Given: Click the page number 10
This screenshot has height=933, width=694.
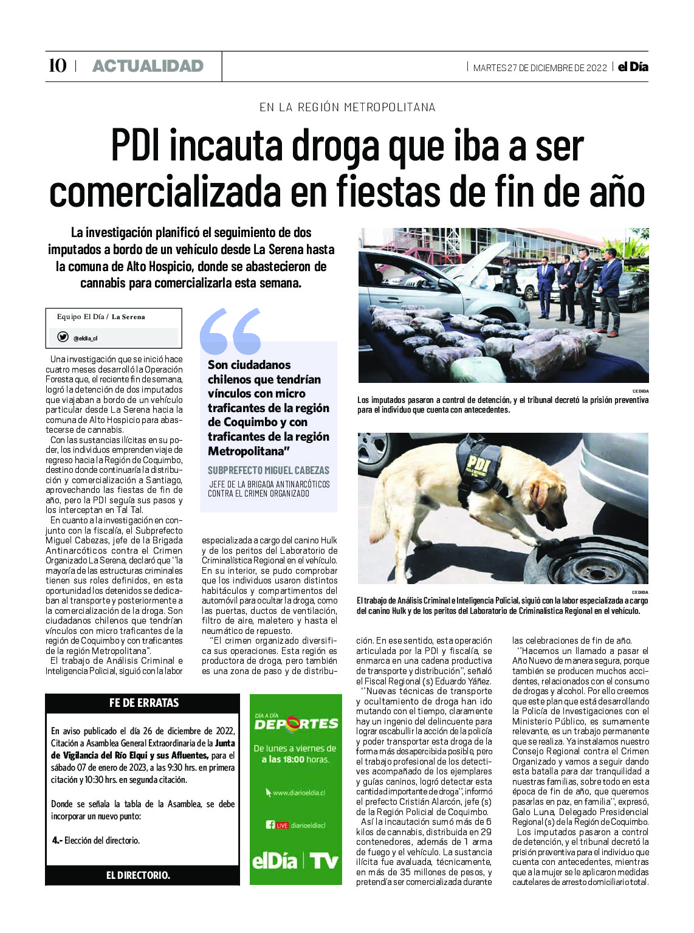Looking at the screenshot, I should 57,66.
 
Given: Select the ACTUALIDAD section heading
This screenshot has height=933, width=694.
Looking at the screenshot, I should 148,66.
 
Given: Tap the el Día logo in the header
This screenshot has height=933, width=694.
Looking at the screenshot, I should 633,67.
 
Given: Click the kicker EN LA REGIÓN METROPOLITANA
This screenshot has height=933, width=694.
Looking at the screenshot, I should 347,107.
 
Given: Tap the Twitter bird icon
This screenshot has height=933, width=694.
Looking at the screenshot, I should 63,337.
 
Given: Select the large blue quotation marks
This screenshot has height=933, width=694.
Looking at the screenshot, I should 230,331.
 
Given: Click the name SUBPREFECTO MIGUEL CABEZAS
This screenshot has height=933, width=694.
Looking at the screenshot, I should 268,470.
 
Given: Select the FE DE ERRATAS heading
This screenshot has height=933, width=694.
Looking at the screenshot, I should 144,703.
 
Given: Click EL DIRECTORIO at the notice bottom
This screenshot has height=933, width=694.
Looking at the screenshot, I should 138,875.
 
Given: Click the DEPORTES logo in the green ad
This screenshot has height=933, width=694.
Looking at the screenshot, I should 296,723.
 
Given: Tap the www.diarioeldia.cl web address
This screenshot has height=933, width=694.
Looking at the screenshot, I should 298,793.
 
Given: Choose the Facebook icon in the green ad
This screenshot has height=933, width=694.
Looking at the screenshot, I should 270,825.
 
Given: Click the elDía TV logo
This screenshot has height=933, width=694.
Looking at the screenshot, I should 295,861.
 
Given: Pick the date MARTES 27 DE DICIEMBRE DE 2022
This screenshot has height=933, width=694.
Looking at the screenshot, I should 540,67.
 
